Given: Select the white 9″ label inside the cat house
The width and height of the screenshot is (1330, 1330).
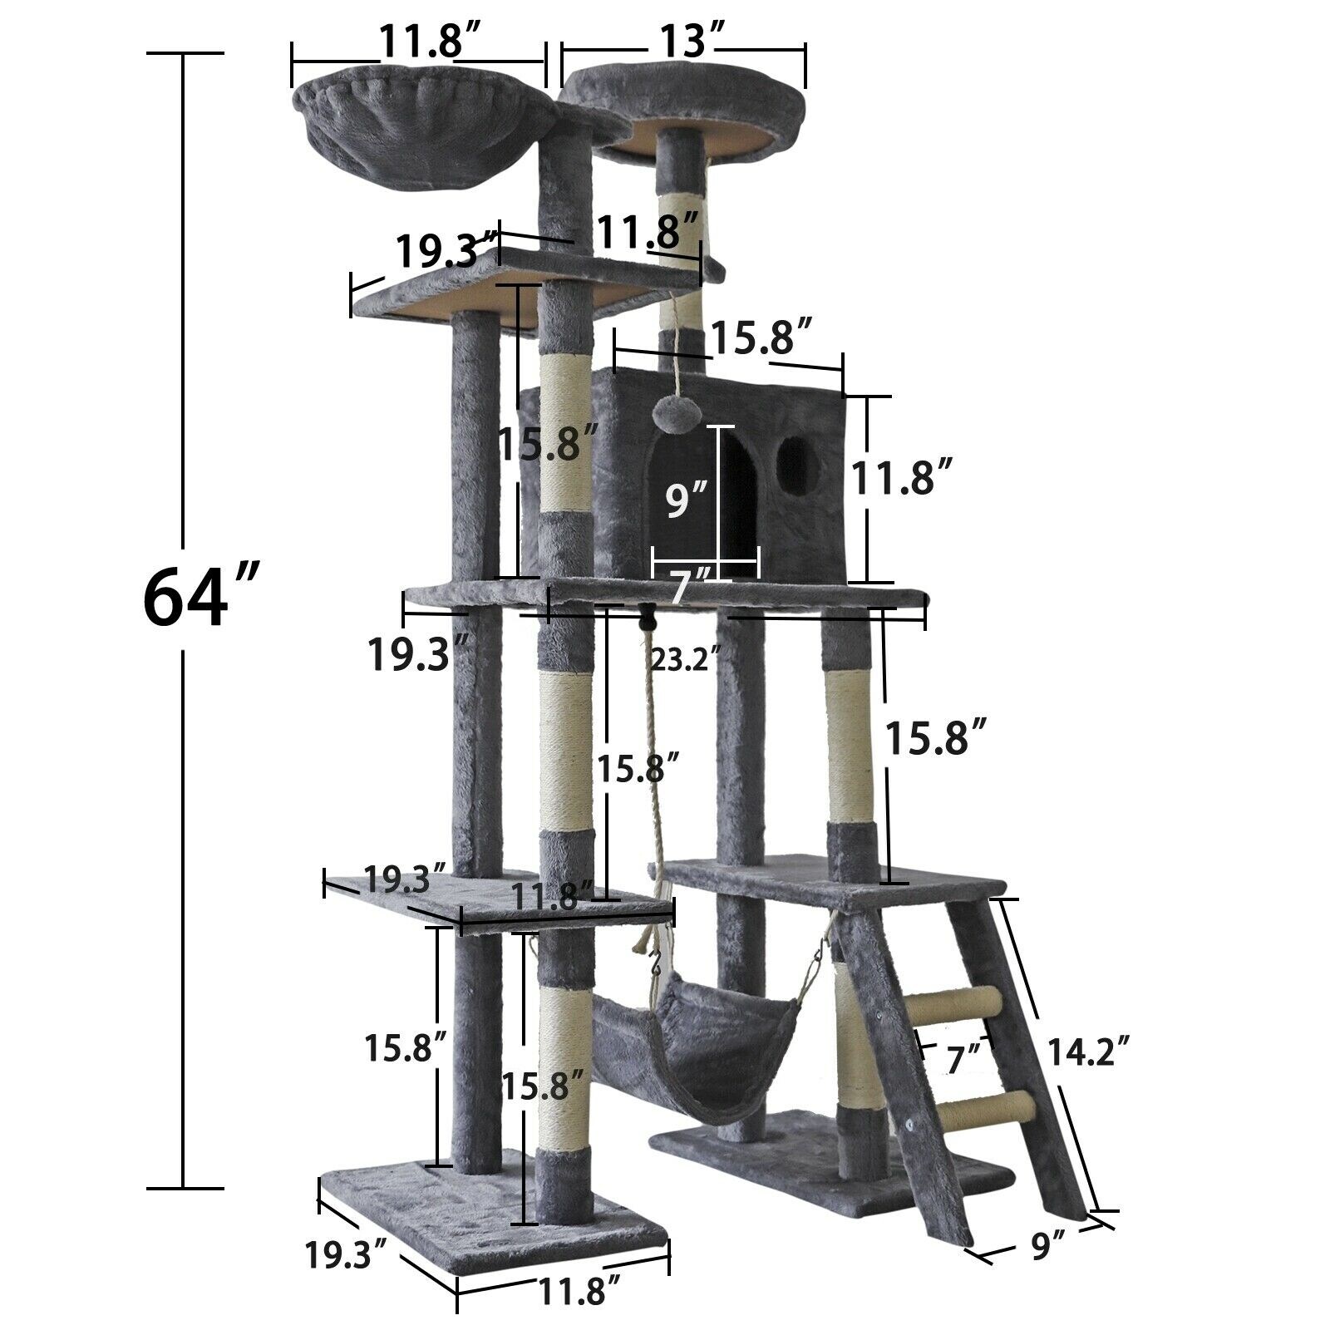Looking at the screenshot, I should pyautogui.click(x=687, y=501).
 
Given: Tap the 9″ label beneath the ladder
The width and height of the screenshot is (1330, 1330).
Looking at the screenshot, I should pyautogui.click(x=1047, y=1248).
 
